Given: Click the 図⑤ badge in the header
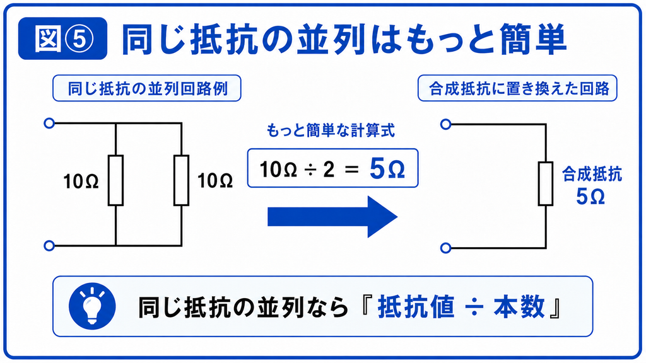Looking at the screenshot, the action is (62, 38).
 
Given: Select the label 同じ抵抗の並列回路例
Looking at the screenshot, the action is (147, 88).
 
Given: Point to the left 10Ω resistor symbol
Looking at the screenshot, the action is (116, 180).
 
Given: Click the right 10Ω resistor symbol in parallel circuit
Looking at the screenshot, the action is (181, 180).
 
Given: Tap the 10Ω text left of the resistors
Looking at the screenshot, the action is (81, 181).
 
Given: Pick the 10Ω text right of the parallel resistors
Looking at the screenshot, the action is (215, 181).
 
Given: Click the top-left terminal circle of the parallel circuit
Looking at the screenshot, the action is (49, 123).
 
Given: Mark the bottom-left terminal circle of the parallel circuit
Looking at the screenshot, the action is (49, 246).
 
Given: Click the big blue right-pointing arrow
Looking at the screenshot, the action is (332, 217).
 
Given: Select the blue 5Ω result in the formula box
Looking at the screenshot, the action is (387, 169).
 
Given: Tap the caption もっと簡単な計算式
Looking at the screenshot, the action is (331, 130).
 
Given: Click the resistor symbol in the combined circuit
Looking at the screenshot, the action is (546, 183).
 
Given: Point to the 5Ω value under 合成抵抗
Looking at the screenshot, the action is (590, 197).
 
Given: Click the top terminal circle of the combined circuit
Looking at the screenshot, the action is (446, 124).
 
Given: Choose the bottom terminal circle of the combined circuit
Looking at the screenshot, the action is (446, 248).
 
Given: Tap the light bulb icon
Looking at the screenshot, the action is (92, 306).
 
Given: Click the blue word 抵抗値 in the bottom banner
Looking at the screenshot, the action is (416, 307).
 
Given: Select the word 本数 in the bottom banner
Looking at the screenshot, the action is (520, 307).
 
